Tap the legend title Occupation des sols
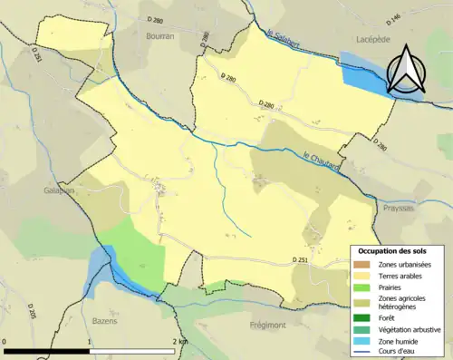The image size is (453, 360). [x=396, y=250]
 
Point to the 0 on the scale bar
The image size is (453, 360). [x=6, y=342]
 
